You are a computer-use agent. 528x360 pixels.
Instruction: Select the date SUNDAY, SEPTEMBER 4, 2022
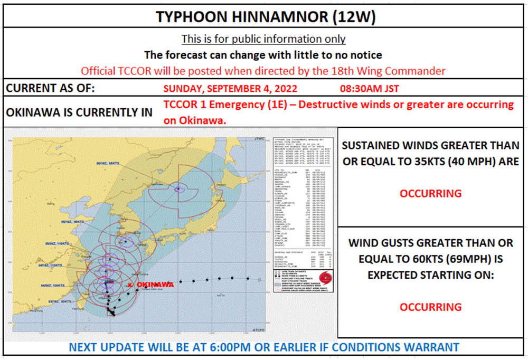tap(231, 88)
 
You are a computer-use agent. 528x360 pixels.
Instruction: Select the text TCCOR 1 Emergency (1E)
tap(224, 105)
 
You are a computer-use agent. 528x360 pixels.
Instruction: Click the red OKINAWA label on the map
tap(155, 285)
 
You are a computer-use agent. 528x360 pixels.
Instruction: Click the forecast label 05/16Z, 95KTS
tap(73, 222)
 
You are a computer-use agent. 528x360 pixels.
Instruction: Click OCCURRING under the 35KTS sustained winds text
tap(430, 193)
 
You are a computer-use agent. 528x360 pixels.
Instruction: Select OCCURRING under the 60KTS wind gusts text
tap(430, 307)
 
